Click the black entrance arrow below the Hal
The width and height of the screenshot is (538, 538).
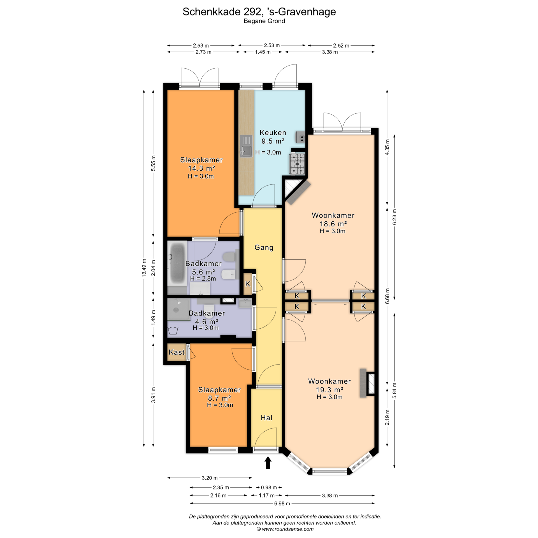(268, 463)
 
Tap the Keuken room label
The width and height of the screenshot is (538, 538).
(273, 133)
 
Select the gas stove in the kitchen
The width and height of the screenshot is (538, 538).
(297, 164)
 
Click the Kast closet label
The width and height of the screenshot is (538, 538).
(177, 352)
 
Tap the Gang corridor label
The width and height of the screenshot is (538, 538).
(264, 247)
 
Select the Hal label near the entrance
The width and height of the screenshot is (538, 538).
(266, 418)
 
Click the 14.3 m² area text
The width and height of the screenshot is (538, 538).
(201, 168)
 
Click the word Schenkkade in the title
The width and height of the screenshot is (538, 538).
(211, 12)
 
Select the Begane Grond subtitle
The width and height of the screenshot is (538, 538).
(264, 21)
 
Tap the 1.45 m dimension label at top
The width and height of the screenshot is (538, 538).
(263, 52)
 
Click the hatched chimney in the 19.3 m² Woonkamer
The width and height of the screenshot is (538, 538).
(371, 383)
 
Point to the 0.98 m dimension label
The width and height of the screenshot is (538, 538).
(268, 488)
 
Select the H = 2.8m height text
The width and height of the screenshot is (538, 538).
(203, 279)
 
